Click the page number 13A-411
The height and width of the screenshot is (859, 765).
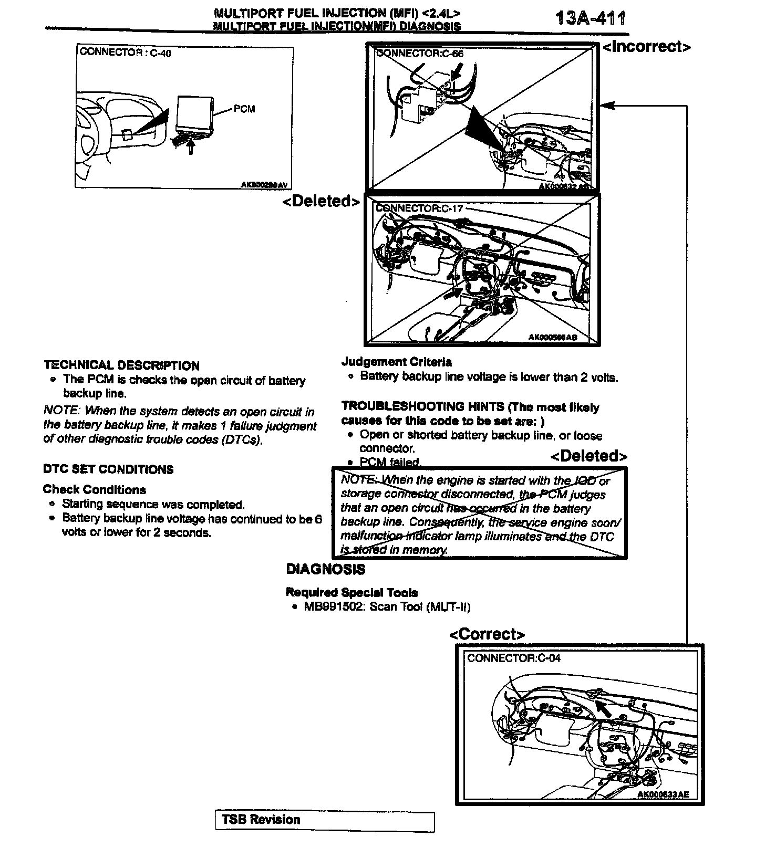pyautogui.click(x=590, y=19)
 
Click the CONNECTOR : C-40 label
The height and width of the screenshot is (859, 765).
pyautogui.click(x=125, y=53)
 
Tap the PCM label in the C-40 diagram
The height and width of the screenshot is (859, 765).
pyautogui.click(x=244, y=109)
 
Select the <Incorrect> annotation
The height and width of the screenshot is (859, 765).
pyautogui.click(x=646, y=47)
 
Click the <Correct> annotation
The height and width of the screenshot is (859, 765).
pyautogui.click(x=487, y=634)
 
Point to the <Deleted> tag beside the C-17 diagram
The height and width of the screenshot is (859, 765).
pyautogui.click(x=322, y=201)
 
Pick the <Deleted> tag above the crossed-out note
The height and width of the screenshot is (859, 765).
pyautogui.click(x=588, y=456)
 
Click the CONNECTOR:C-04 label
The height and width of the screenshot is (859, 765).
pyautogui.click(x=514, y=658)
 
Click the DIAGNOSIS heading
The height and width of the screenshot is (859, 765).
pyautogui.click(x=325, y=569)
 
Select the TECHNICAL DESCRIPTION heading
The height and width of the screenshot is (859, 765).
pyautogui.click(x=121, y=365)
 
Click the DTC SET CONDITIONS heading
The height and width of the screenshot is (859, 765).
pyautogui.click(x=108, y=469)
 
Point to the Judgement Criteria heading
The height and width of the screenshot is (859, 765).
pyautogui.click(x=396, y=362)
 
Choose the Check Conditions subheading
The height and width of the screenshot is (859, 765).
pyautogui.click(x=94, y=490)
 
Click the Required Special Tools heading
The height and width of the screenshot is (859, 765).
pyautogui.click(x=352, y=593)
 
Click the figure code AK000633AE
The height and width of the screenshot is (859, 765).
pyautogui.click(x=663, y=794)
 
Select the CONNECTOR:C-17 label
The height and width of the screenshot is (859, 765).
pyautogui.click(x=419, y=208)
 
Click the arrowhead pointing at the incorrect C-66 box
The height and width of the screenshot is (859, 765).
pyautogui.click(x=606, y=106)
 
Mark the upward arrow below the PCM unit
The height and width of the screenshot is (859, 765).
pyautogui.click(x=191, y=146)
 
